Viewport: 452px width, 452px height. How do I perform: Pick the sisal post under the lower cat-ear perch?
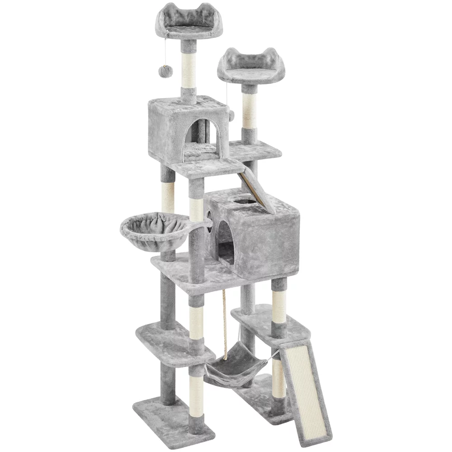coord(249,108)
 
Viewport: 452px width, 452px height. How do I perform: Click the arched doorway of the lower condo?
coord(226,246)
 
